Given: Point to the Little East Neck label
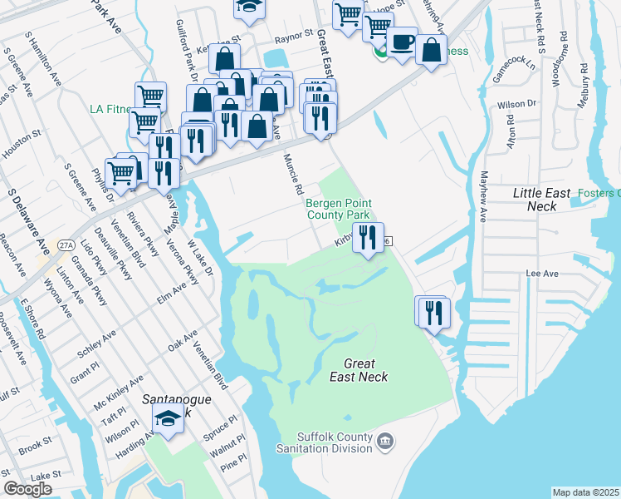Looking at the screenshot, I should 541,200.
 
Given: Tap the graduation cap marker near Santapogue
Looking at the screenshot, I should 169,419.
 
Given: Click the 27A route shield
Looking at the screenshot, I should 65,245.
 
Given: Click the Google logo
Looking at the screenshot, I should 27,488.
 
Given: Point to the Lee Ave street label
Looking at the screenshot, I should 540,273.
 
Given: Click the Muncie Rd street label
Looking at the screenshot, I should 292,174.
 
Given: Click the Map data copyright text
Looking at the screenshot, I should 586,492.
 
